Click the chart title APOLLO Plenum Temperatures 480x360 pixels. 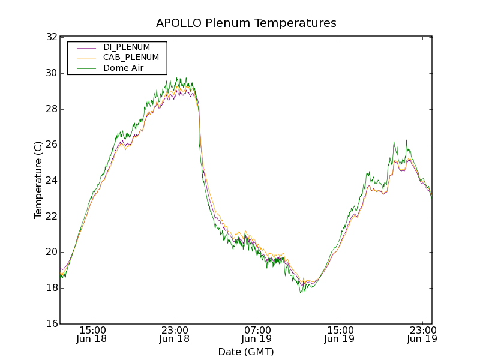click(246, 23)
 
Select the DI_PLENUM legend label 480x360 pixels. click(127, 47)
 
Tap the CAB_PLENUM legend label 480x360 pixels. click(131, 58)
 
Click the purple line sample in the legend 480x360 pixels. click(85, 47)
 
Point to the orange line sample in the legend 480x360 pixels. click(85, 58)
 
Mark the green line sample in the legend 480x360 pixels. click(85, 68)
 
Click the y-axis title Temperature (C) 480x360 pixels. click(38, 179)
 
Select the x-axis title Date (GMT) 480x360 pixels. click(246, 352)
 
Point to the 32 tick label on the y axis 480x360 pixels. click(52, 37)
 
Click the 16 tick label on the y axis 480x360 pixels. click(52, 324)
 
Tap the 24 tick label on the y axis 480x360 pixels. click(52, 181)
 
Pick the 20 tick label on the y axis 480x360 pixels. click(52, 252)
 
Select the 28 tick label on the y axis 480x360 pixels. click(52, 109)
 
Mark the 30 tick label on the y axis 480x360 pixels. click(52, 73)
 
